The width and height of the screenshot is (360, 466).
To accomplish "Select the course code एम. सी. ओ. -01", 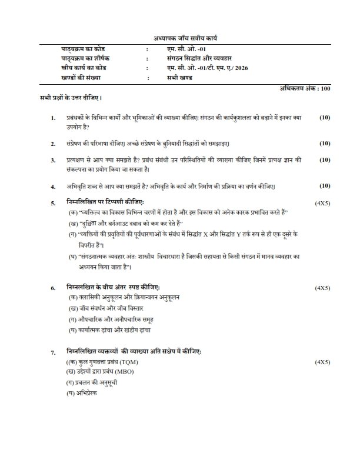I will [x=181, y=49].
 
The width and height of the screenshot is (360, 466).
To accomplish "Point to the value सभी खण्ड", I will [x=177, y=78].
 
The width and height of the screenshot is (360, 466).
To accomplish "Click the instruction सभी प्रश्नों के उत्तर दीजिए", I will [x=64, y=96].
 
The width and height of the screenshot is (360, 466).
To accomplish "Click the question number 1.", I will [x=54, y=118].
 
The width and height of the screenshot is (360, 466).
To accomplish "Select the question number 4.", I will [x=54, y=187].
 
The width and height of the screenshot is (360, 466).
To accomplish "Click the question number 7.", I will [x=54, y=352].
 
